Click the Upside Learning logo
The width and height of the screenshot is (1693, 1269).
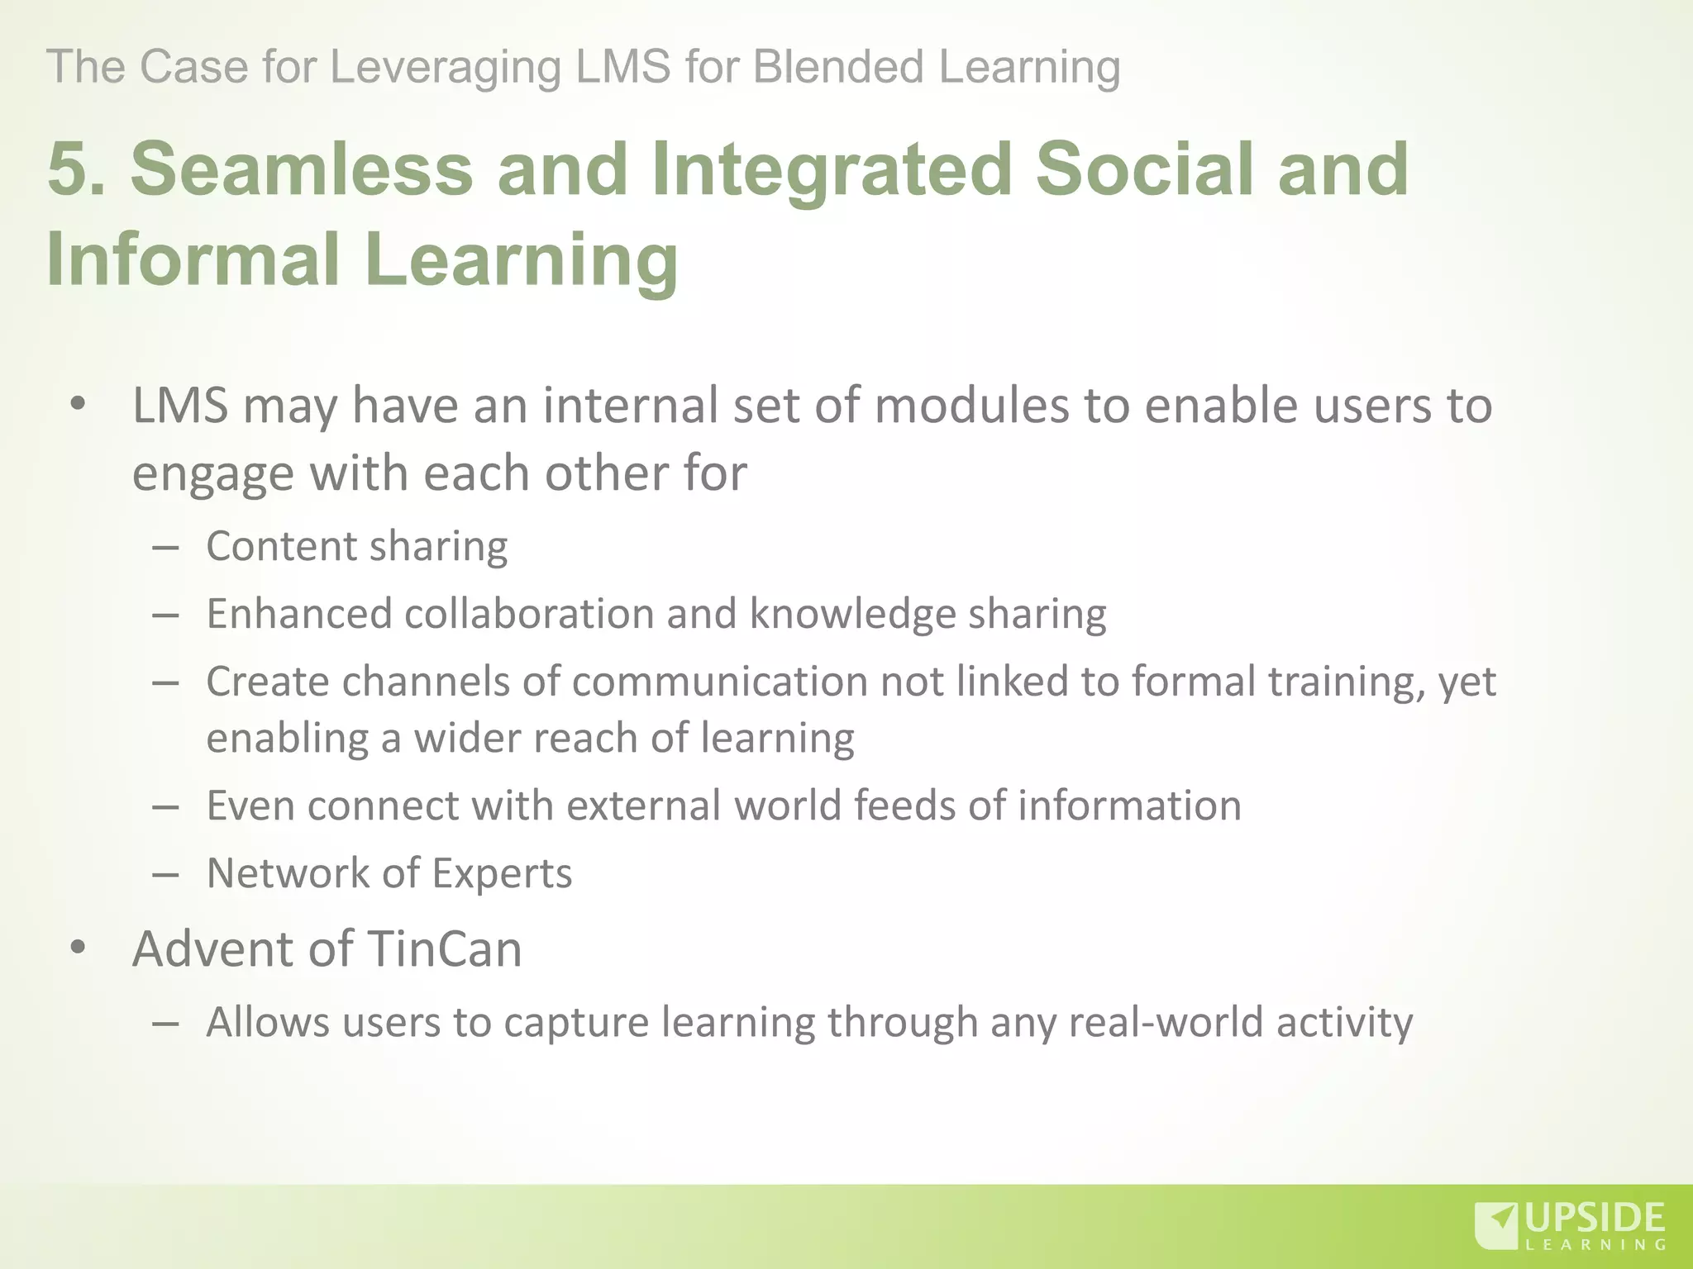pos(1569,1226)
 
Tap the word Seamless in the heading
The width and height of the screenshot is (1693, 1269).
pos(302,169)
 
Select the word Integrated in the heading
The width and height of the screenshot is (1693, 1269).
pos(831,169)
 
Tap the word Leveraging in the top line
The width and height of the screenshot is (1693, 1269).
pos(446,68)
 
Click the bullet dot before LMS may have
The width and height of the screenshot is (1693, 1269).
pos(79,405)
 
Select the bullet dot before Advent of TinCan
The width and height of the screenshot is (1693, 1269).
pos(79,948)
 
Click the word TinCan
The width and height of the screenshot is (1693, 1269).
pos(444,948)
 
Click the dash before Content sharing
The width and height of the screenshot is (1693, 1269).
pos(166,548)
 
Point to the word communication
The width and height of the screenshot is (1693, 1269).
pos(719,682)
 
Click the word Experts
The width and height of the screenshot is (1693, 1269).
pos(502,873)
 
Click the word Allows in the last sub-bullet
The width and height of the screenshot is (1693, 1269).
pos(268,1022)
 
